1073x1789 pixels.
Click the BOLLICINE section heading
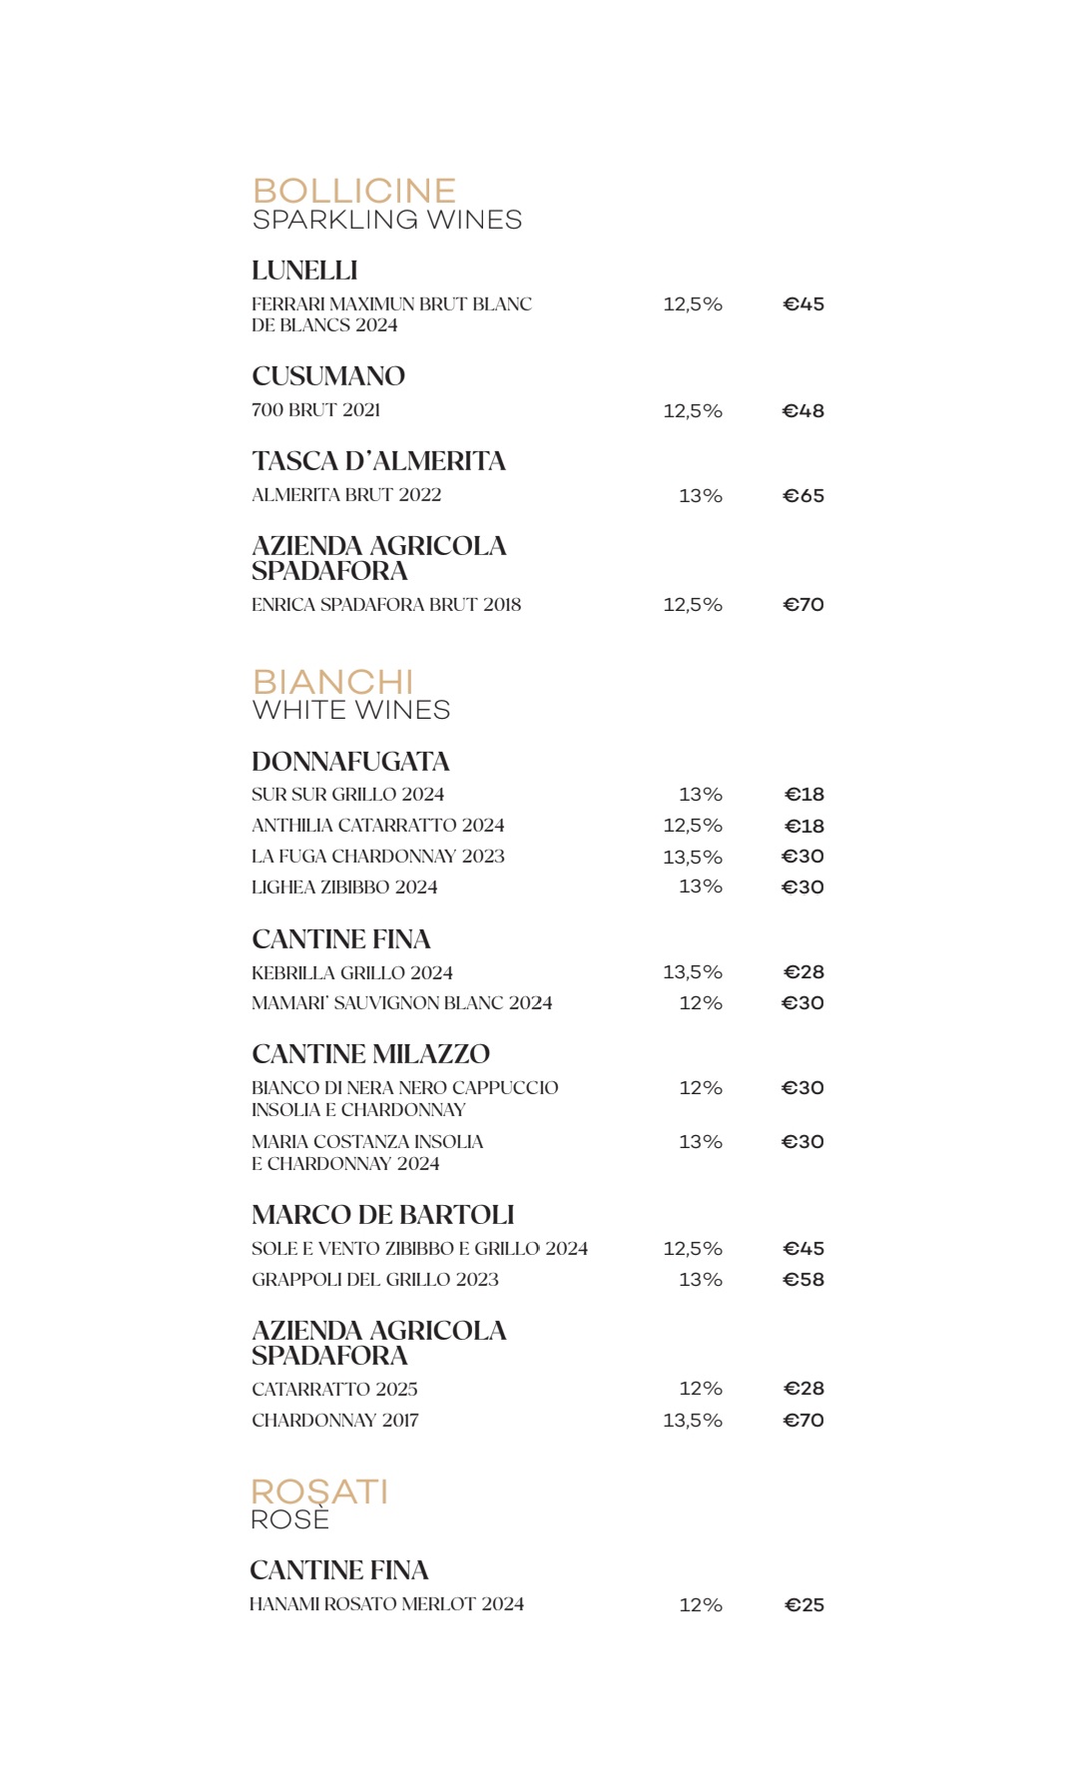[x=354, y=191]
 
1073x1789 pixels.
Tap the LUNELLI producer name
[x=304, y=271]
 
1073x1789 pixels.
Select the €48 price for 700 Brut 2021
[x=804, y=411]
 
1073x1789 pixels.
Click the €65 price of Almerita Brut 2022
[x=804, y=496]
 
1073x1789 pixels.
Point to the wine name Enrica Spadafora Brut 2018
[x=386, y=605]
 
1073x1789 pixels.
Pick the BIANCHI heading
[x=332, y=682]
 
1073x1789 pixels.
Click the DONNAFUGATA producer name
[x=350, y=762]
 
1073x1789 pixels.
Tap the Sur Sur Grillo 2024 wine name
[x=347, y=795]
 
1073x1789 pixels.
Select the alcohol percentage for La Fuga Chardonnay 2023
[x=693, y=857]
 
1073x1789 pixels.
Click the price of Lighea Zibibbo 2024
[x=803, y=888]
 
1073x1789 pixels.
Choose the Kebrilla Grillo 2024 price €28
[x=804, y=972]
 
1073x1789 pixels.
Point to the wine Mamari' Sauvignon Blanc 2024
[x=401, y=1003]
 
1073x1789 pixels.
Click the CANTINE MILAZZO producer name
[x=370, y=1054]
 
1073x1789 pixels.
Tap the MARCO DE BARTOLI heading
[x=382, y=1215]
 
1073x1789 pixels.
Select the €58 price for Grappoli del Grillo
[x=804, y=1280]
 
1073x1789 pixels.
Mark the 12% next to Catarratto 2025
[x=701, y=1389]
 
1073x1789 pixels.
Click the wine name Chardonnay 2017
[x=335, y=1421]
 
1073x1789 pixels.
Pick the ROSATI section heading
[x=319, y=1491]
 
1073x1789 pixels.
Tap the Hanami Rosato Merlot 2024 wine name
[x=386, y=1604]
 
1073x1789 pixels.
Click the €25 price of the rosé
[x=804, y=1605]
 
